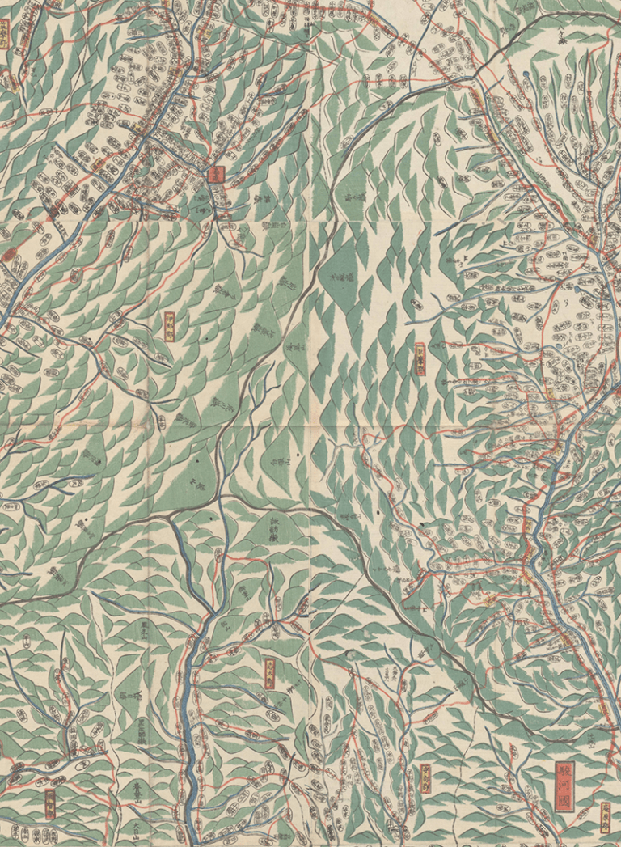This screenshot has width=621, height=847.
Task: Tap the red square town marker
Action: (216, 172)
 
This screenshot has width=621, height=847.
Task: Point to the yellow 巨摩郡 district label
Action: (420, 359)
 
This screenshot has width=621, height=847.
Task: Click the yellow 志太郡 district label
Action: (425, 777)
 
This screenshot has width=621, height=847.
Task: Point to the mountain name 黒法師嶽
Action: (140, 733)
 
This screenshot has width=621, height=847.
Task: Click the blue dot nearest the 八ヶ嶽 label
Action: (526, 75)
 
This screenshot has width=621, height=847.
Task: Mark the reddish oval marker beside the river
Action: (10, 256)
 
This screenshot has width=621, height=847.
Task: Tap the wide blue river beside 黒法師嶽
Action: (190, 728)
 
